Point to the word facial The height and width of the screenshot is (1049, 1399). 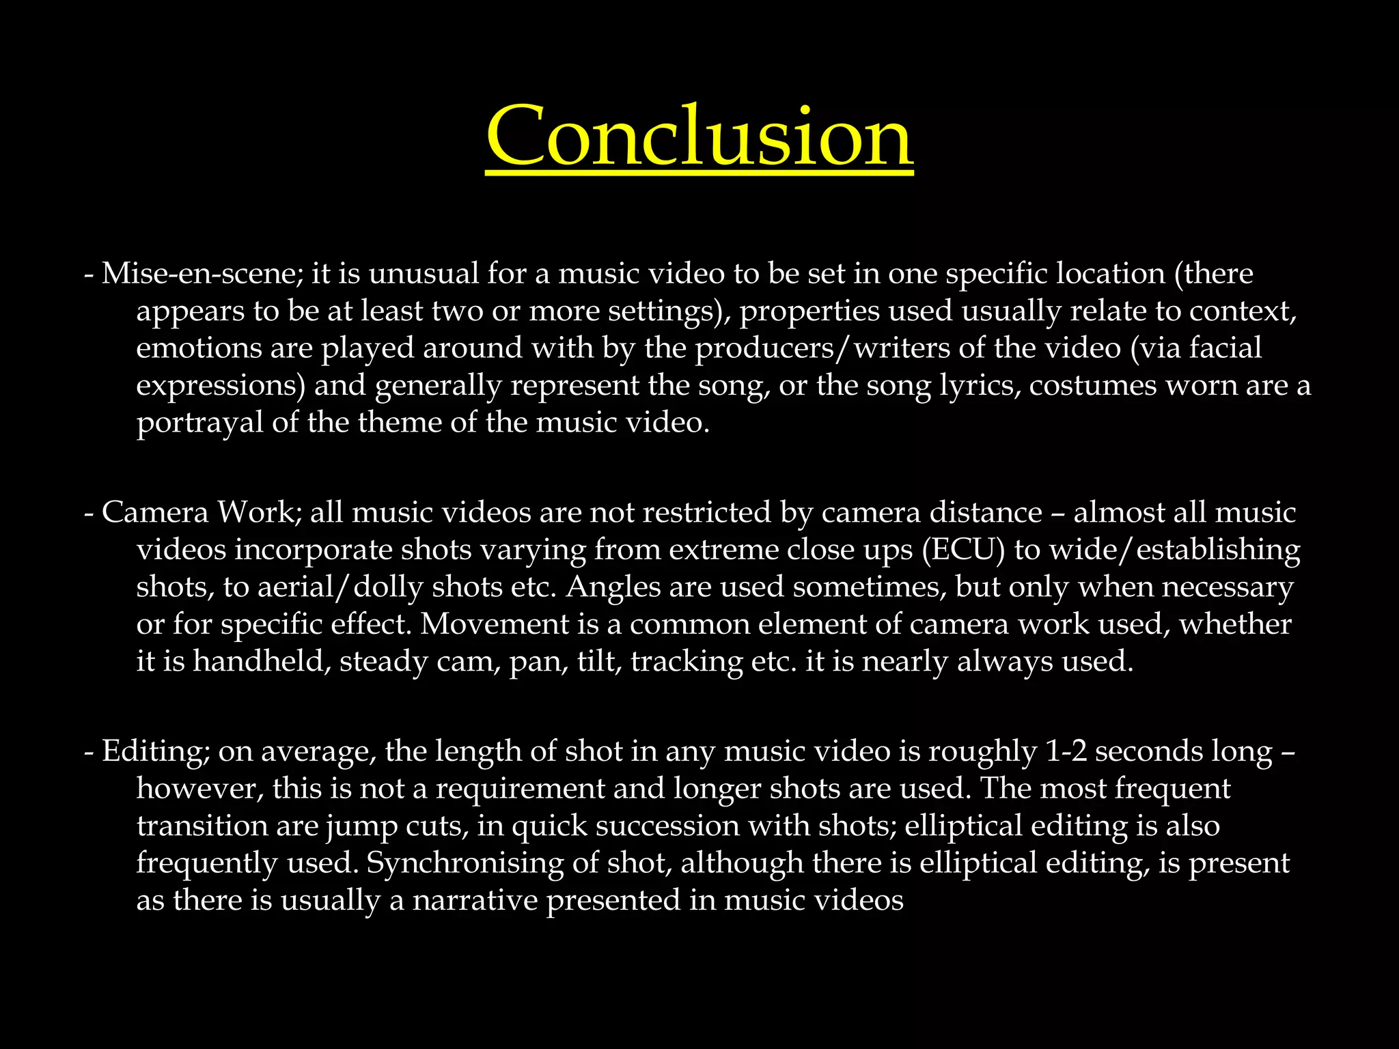(x=1225, y=348)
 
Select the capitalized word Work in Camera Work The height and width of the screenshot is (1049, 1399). (x=256, y=512)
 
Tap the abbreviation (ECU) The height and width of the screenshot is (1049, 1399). (x=963, y=550)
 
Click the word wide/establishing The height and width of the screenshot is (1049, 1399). (x=1175, y=550)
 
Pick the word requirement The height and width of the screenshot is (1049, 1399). (x=520, y=789)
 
